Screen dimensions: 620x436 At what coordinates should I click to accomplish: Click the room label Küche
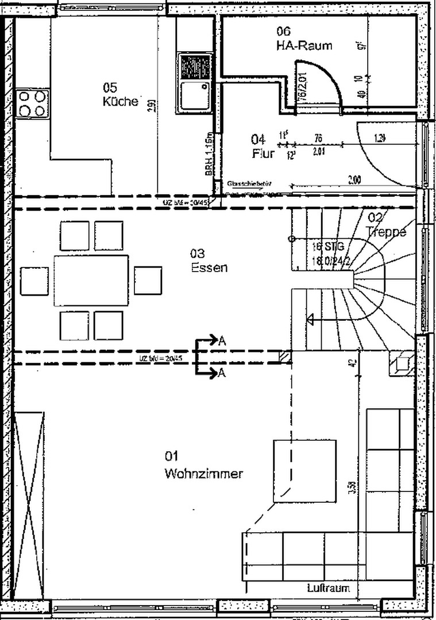click(x=120, y=102)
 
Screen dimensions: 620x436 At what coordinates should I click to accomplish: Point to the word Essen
click(x=209, y=267)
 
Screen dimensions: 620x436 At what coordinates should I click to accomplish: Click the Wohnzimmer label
click(x=203, y=474)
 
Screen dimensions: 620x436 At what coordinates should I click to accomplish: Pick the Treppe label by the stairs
click(x=386, y=232)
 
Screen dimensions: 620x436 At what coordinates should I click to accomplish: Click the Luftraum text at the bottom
click(x=327, y=588)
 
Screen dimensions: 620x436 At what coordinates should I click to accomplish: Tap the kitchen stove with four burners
click(x=32, y=103)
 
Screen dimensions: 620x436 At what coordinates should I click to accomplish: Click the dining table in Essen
click(x=91, y=281)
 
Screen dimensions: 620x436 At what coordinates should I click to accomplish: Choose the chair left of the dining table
click(x=34, y=281)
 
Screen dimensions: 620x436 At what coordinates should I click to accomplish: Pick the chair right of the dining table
click(x=148, y=281)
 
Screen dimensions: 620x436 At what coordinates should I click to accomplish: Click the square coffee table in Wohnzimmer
click(x=304, y=471)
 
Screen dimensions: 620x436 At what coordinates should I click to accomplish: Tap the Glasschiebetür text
click(x=249, y=184)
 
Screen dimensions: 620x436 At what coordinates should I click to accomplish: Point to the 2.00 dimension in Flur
click(x=354, y=181)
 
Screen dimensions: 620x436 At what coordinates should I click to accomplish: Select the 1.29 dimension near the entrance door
click(x=379, y=138)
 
